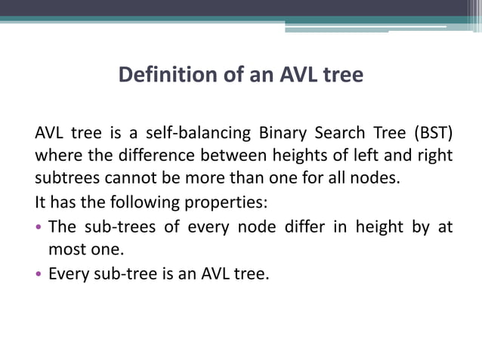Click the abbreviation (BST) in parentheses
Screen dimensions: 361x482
click(433, 134)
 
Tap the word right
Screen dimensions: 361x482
click(434, 157)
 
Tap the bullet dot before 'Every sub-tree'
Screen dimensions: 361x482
click(39, 273)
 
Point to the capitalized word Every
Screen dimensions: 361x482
click(66, 273)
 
